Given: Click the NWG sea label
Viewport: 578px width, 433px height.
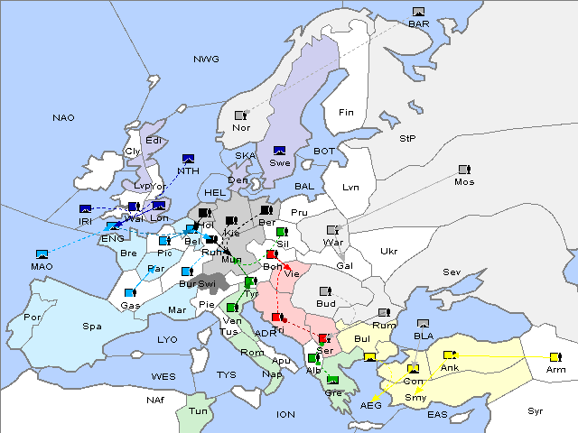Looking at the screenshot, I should (x=206, y=60).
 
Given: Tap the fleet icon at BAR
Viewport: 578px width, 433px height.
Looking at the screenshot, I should (x=418, y=12).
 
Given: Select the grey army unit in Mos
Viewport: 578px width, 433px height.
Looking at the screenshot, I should (x=464, y=170).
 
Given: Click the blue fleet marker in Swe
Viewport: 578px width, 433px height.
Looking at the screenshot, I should (x=280, y=151).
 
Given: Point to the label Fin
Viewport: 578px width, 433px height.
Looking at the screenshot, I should (x=346, y=113).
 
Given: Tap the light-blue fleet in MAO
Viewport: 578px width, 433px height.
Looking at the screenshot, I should (x=42, y=254).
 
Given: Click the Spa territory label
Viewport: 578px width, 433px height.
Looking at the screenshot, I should (x=92, y=326).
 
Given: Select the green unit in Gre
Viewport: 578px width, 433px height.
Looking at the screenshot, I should (x=332, y=380).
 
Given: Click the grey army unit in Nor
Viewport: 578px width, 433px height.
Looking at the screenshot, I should (x=240, y=115).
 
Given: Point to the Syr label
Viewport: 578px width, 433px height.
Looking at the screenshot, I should (x=536, y=411).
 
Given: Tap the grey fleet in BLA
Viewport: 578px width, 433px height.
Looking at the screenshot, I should (x=423, y=323).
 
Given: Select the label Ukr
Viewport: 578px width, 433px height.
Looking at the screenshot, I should (x=389, y=252).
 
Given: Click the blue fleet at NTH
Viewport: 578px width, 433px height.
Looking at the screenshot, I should (x=188, y=159).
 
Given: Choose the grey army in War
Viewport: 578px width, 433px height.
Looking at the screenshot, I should (x=332, y=230).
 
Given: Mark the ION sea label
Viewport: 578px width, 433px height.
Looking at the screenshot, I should (x=285, y=415).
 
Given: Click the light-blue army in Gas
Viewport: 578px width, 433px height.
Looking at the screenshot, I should (x=130, y=293).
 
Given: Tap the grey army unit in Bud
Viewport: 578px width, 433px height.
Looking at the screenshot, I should (x=327, y=291).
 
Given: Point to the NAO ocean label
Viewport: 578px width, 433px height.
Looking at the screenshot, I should (x=63, y=118).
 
